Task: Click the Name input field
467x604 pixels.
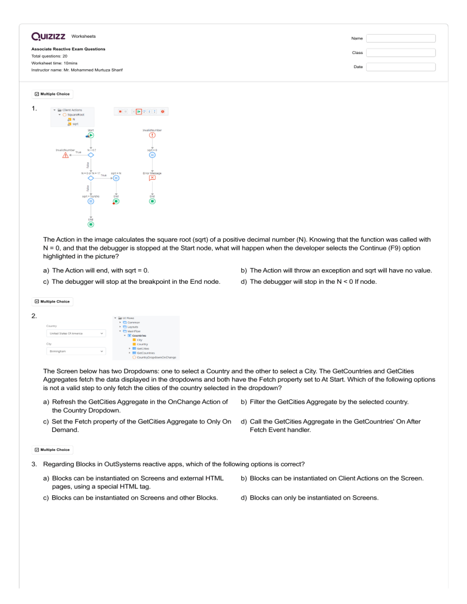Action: click(x=401, y=38)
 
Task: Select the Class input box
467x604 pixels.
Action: click(x=401, y=53)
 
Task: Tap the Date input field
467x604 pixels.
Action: click(x=401, y=67)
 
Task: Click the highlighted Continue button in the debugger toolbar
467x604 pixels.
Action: click(x=139, y=111)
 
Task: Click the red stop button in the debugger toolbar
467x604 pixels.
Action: click(x=120, y=111)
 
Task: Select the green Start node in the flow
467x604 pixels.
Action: click(x=91, y=136)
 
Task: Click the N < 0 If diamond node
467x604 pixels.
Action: click(x=91, y=155)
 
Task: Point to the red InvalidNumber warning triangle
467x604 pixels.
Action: click(x=65, y=155)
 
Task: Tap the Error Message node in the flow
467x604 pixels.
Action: click(x=152, y=177)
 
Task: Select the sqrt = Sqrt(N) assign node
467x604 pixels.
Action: click(x=91, y=201)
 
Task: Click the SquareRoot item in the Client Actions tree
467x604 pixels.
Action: click(x=75, y=115)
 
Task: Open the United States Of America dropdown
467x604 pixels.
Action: click(x=75, y=333)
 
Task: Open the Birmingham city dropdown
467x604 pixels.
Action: click(x=75, y=351)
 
